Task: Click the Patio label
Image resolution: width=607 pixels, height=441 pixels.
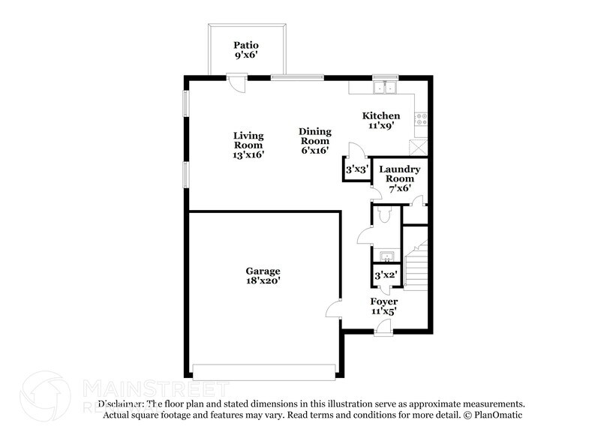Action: tap(246, 49)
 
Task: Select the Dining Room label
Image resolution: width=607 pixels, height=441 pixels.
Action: tap(315, 140)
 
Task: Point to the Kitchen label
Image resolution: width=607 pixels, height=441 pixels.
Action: tap(381, 121)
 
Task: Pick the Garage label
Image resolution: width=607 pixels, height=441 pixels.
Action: tap(263, 275)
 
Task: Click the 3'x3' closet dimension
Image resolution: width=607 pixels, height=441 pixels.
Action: tap(356, 170)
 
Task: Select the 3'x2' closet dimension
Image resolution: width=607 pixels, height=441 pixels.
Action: tap(385, 275)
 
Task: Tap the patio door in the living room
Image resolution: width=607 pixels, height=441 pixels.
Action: tap(236, 82)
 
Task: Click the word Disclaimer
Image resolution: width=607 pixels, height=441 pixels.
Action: tap(120, 403)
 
